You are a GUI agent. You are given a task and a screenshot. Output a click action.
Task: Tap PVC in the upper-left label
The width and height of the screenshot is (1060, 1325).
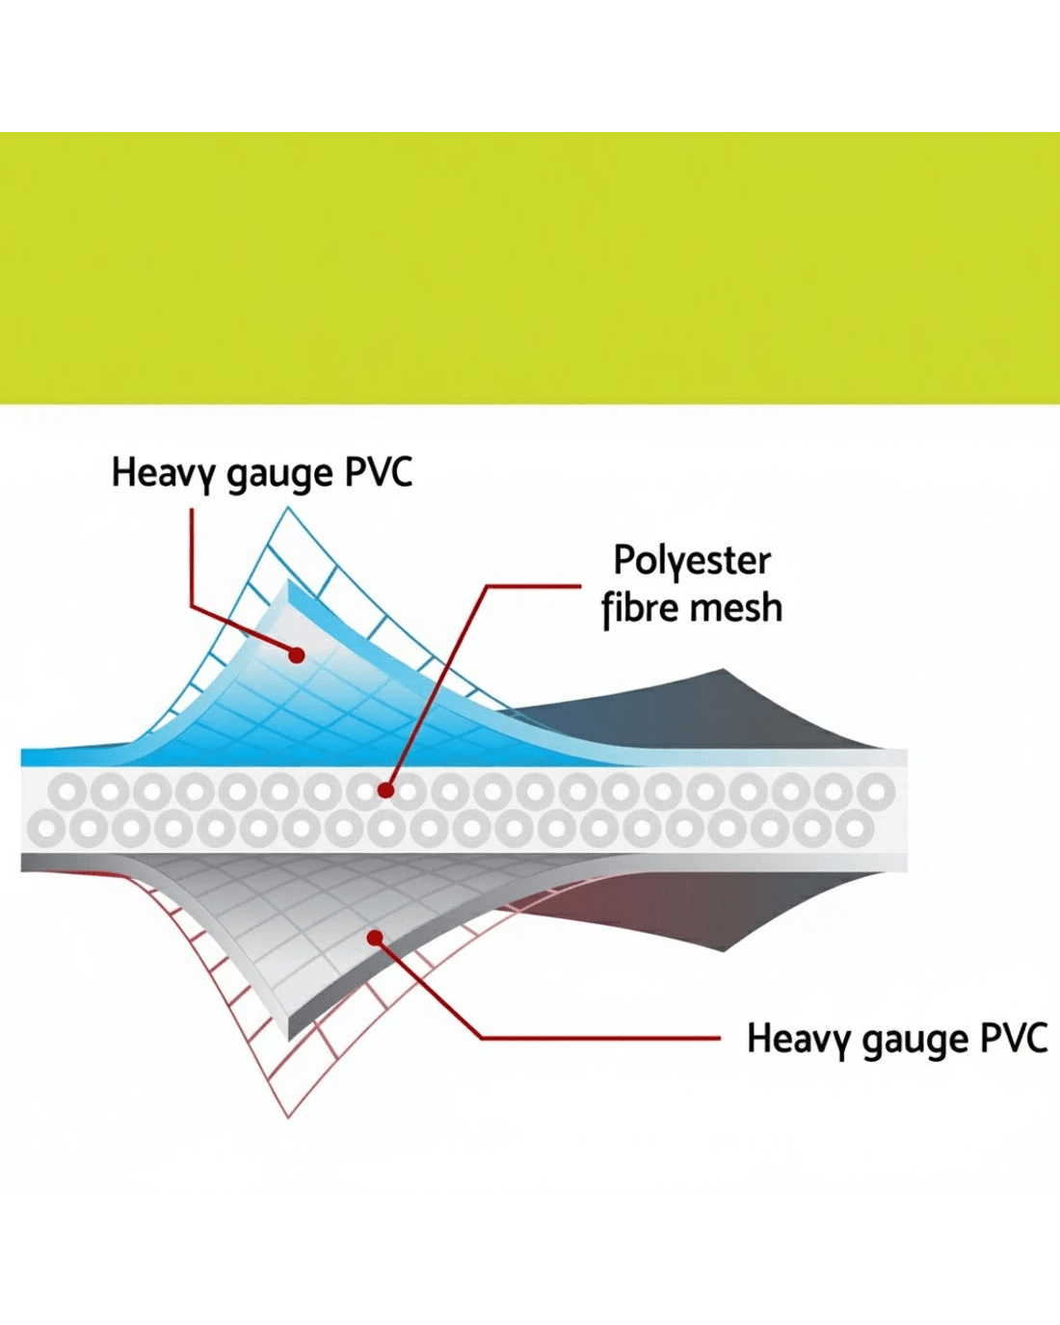click(379, 472)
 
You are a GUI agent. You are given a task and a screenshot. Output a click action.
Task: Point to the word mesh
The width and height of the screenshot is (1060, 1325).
click(737, 609)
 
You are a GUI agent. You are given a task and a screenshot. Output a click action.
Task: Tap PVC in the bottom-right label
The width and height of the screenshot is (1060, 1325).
click(1014, 1039)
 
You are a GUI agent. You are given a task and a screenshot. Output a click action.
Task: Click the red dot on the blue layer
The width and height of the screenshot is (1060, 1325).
click(297, 655)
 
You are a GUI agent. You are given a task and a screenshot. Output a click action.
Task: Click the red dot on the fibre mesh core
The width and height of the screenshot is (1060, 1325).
click(385, 790)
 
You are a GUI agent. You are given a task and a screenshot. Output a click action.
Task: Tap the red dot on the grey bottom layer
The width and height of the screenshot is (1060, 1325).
click(376, 938)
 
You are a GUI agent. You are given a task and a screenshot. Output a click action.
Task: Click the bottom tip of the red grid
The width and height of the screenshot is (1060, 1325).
click(287, 1115)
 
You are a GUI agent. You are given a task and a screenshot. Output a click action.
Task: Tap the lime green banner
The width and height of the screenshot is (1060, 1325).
click(530, 268)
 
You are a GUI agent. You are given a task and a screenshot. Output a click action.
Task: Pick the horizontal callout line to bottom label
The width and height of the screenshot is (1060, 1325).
click(597, 1039)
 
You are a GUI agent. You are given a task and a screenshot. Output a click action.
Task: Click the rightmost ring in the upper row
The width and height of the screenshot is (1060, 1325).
click(876, 792)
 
